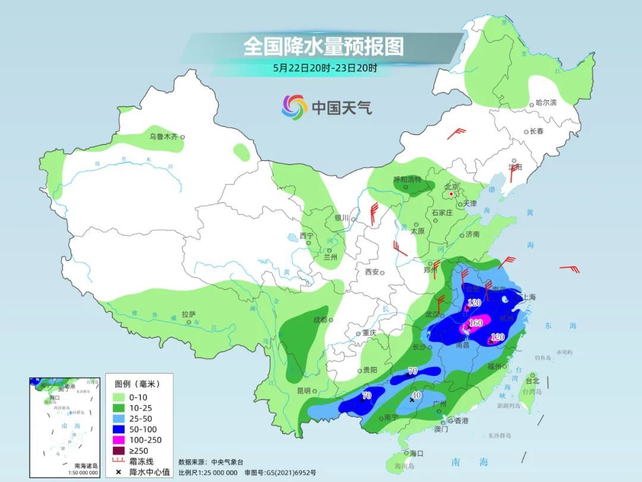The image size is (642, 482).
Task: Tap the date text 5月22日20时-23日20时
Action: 325,68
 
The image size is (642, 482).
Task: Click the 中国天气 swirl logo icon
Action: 294,107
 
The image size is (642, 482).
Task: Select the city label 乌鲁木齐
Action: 163,137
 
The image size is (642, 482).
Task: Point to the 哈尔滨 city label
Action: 546,103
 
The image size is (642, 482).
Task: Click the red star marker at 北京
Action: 452,194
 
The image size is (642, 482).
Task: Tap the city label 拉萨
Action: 188,314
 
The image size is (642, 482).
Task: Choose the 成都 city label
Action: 320,320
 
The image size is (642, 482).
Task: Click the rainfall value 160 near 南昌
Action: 476,324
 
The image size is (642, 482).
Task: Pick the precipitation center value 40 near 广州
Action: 417,395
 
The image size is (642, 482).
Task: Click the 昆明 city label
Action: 303,391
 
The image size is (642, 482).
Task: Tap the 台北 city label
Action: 533,381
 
